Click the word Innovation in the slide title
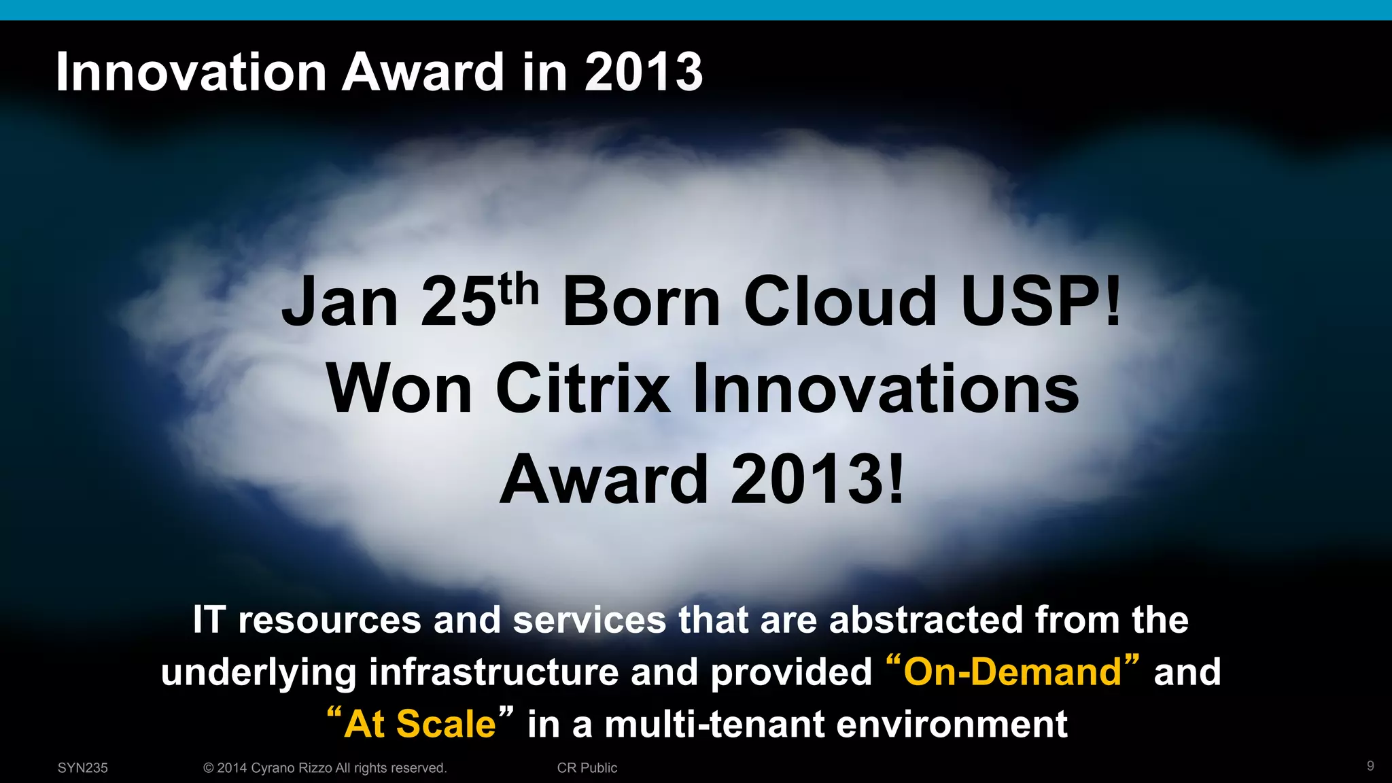click(192, 72)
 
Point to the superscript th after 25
click(519, 290)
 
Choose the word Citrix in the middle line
click(582, 389)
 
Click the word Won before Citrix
click(399, 389)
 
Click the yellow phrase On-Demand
click(1013, 672)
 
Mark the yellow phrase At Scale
click(420, 723)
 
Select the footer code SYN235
click(83, 768)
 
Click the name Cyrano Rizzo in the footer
click(292, 768)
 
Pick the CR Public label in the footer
click(587, 768)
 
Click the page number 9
click(1370, 766)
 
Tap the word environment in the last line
click(952, 723)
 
